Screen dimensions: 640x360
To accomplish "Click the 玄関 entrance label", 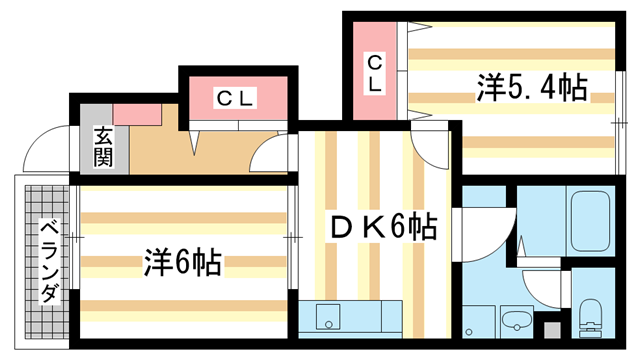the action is pyautogui.click(x=103, y=146).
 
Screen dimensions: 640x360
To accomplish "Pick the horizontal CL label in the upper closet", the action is pyautogui.click(x=237, y=99).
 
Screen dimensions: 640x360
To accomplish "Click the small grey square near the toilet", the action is pyautogui.click(x=547, y=328).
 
